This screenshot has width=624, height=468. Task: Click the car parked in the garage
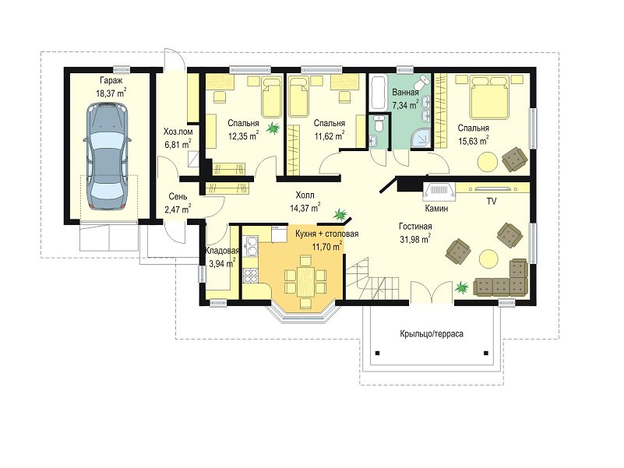(107, 156)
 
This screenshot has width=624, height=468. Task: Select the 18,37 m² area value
(111, 93)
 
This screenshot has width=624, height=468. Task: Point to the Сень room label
(178, 196)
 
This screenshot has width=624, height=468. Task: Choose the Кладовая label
(222, 251)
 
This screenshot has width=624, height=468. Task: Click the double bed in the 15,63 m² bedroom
(490, 97)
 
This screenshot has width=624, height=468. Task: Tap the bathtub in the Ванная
(378, 93)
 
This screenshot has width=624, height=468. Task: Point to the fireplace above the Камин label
(439, 190)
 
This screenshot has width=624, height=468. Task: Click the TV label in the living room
(492, 202)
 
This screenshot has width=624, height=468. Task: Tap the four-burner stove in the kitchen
(250, 276)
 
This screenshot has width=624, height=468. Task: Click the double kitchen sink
(251, 246)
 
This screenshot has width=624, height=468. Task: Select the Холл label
(305, 195)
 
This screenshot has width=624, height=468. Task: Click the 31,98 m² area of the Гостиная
(415, 239)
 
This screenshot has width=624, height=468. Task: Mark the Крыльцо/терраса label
(432, 334)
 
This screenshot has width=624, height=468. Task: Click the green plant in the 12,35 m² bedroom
(273, 128)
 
